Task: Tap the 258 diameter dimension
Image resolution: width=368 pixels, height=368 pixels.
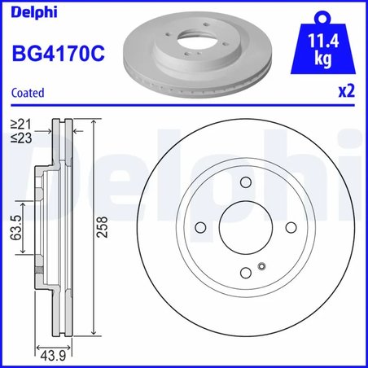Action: (100, 230)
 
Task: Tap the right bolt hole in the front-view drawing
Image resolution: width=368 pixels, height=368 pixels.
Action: (288, 229)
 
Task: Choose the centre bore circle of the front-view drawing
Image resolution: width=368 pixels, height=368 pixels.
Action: (243, 229)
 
